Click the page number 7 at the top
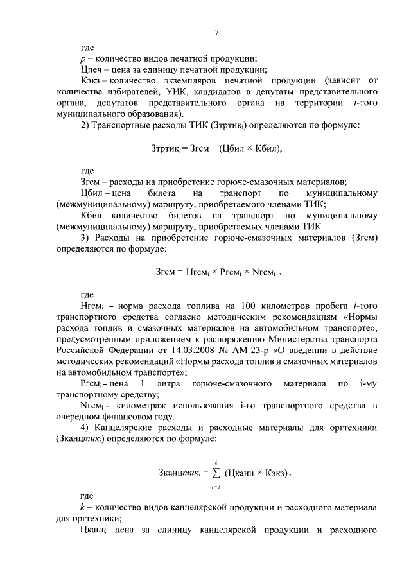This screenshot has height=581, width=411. [x=217, y=33]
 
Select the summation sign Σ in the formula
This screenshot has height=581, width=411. [x=216, y=474]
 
